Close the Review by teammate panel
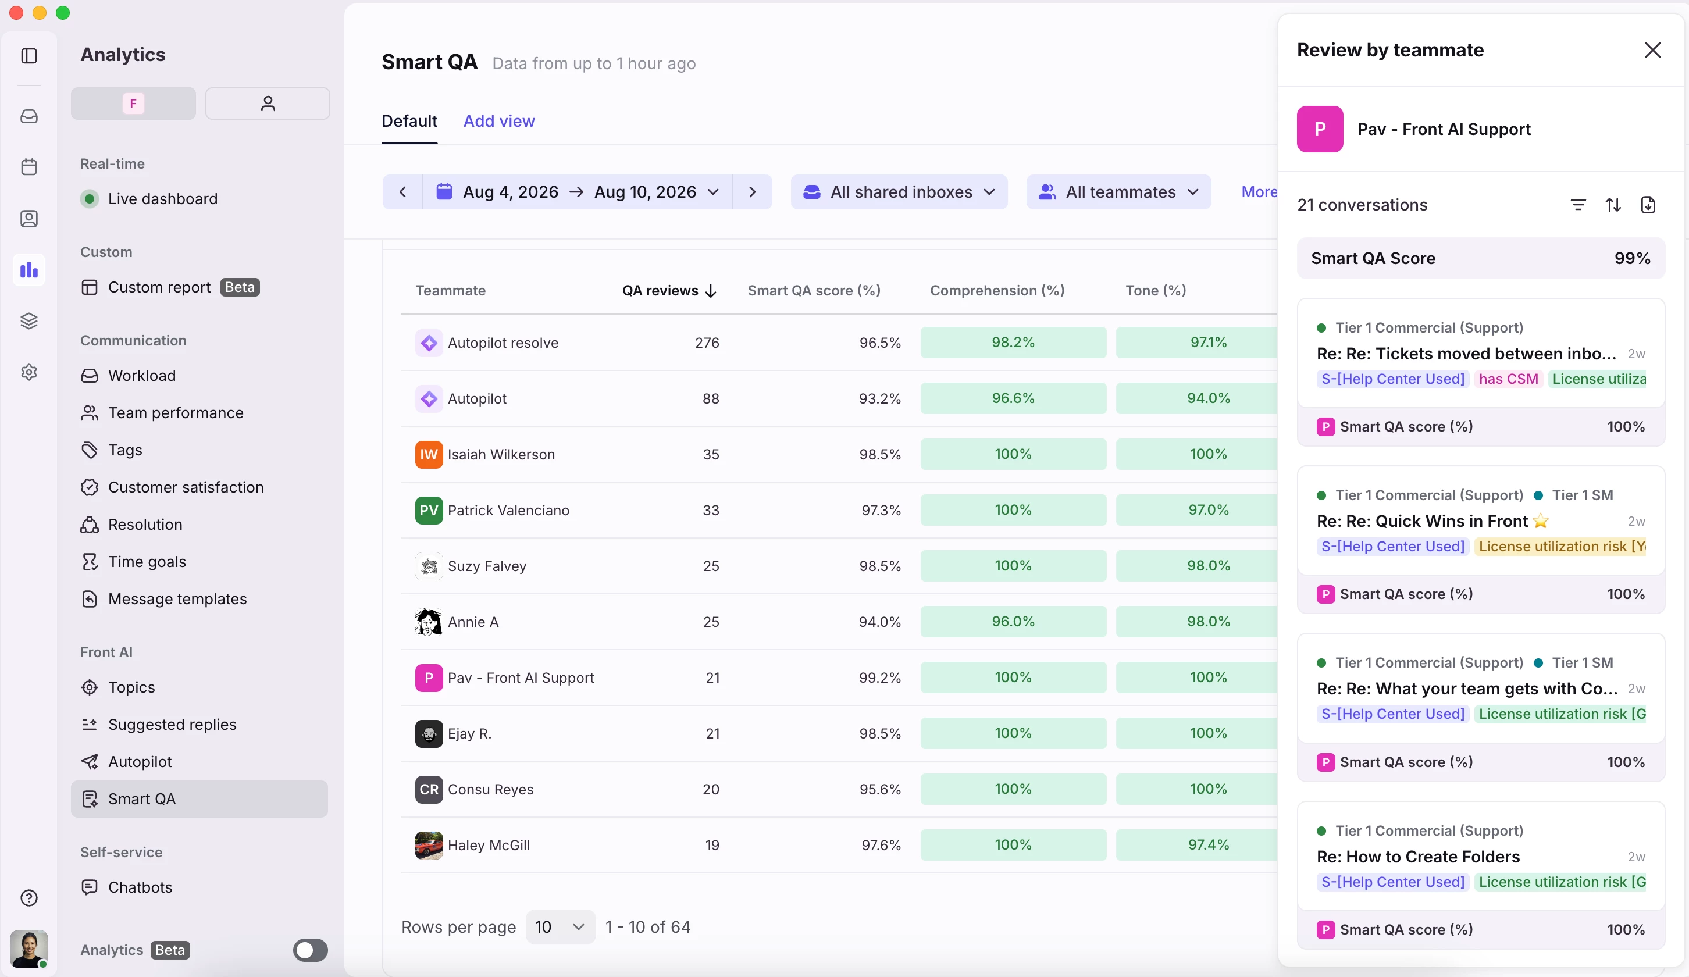click(1652, 50)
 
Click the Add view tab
click(498, 122)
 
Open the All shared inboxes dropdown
click(899, 192)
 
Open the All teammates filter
click(1118, 192)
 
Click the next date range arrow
click(752, 192)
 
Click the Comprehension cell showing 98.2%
click(1013, 343)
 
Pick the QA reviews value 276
click(707, 343)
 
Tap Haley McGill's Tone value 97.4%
click(1209, 845)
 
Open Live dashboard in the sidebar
click(162, 199)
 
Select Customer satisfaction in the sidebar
click(186, 487)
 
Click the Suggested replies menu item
click(172, 725)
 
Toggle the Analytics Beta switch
click(311, 950)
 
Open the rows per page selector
click(560, 927)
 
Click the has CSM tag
click(1508, 379)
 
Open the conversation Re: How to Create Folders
click(1418, 857)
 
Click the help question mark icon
click(29, 897)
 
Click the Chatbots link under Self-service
click(140, 887)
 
